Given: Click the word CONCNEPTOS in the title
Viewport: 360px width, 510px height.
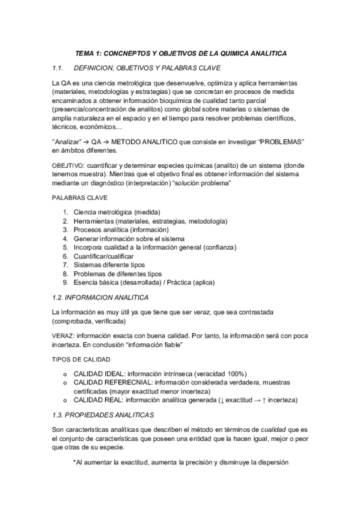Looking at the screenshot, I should [x=127, y=53].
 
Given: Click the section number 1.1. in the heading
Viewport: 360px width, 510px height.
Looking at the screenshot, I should [x=59, y=67].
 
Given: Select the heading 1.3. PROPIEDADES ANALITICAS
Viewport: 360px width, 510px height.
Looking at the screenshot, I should [x=103, y=416].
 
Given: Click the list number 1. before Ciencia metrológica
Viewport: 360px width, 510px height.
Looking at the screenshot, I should [x=66, y=212].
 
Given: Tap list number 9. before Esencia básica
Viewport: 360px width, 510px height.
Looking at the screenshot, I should [x=66, y=283].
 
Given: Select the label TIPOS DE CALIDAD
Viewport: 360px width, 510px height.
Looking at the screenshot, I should [x=80, y=358].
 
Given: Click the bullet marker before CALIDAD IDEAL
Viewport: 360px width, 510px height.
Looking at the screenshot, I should [x=64, y=373].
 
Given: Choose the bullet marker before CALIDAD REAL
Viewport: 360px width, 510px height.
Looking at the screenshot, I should [x=64, y=400].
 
